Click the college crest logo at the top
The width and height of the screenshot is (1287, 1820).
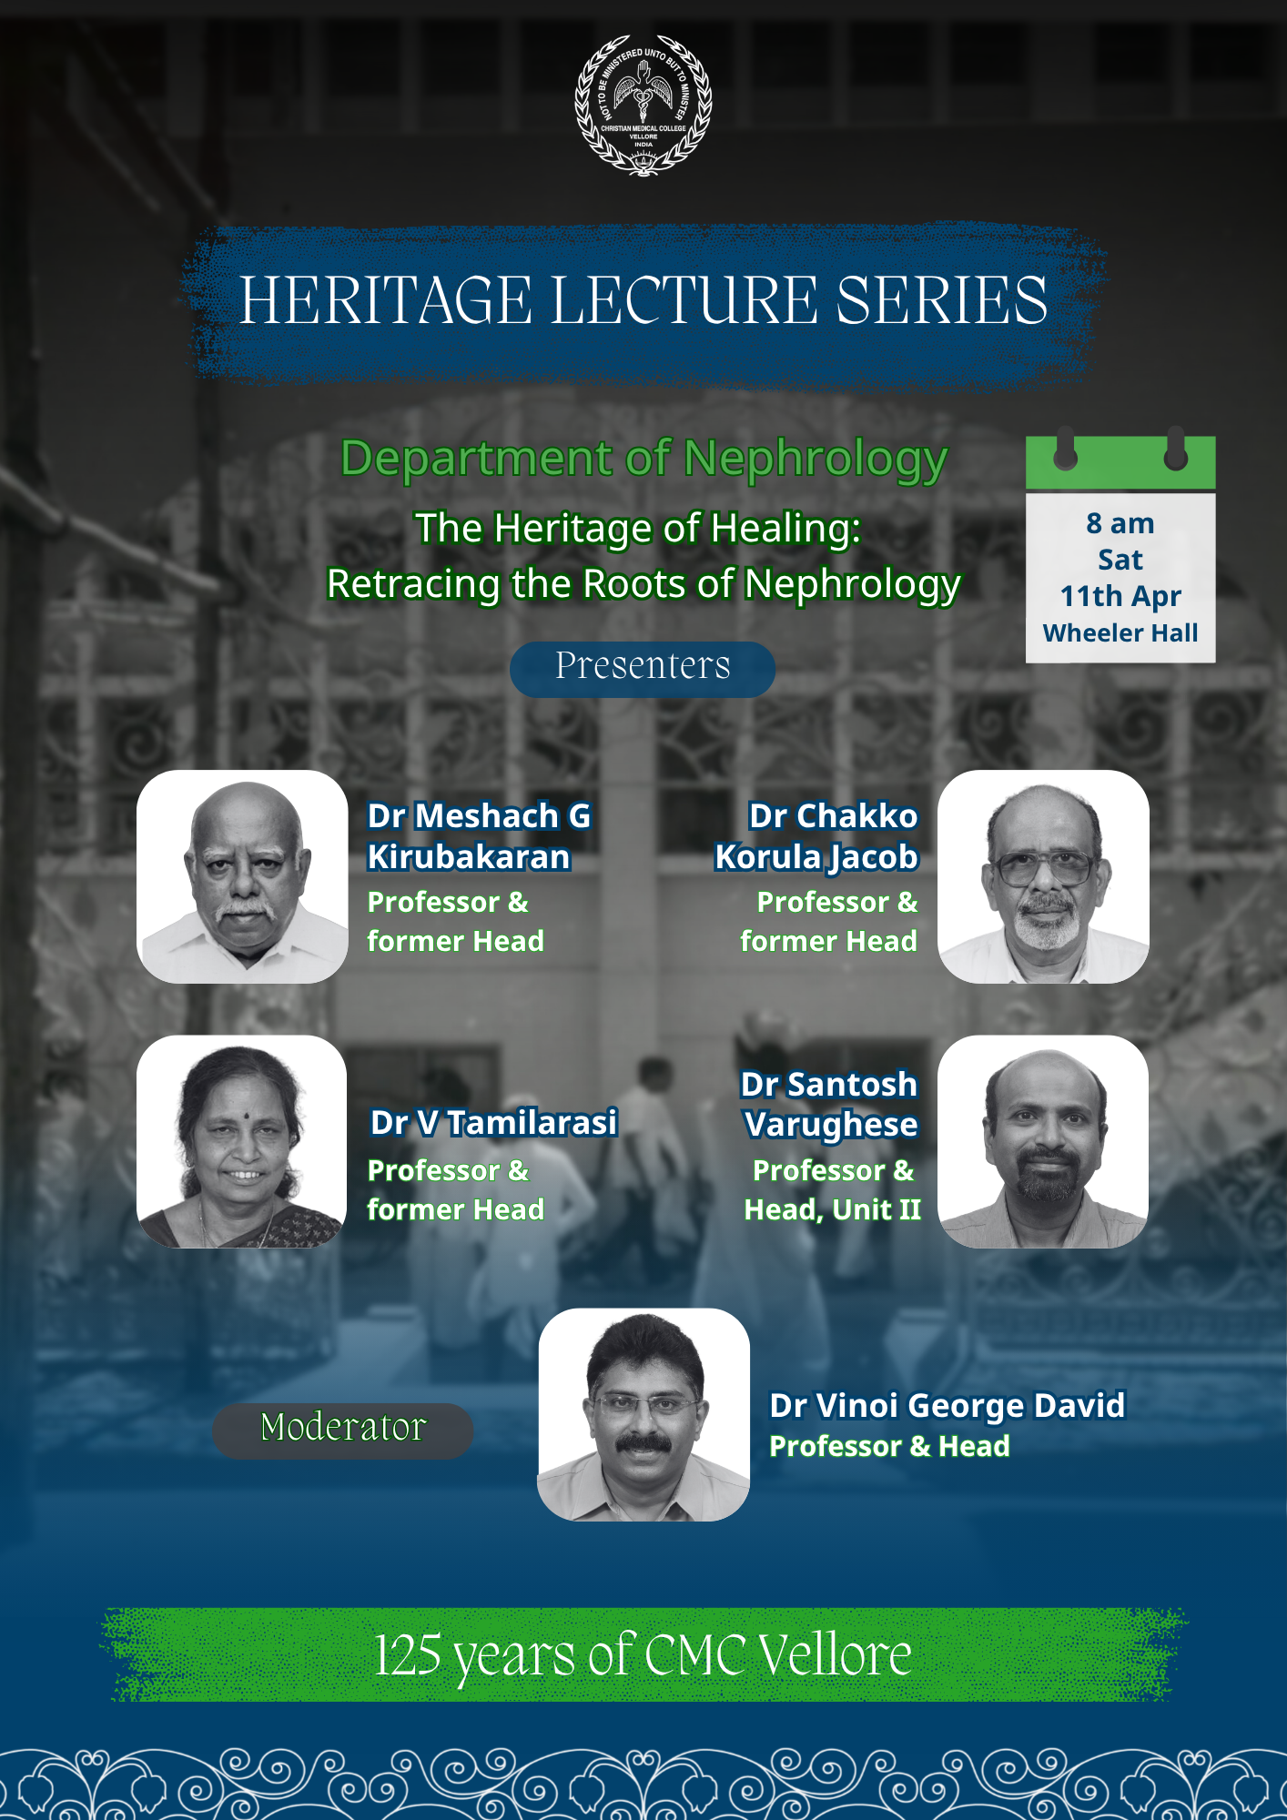[643, 105]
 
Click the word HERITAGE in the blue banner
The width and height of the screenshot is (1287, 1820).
[386, 300]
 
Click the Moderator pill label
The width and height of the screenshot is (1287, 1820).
[343, 1430]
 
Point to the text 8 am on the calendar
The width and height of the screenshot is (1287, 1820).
[1120, 523]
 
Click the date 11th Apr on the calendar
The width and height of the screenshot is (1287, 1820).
[1120, 596]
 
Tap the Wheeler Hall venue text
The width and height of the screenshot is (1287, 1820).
[1120, 632]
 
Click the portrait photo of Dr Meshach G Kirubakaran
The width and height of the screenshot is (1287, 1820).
[242, 876]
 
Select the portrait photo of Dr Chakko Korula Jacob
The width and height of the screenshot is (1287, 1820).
[1043, 876]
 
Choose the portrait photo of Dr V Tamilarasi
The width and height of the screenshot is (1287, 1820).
[241, 1141]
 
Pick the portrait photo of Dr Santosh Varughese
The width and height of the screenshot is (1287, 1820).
[1043, 1141]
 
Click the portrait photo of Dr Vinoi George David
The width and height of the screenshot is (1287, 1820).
[643, 1414]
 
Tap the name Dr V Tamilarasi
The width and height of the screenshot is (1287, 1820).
[494, 1122]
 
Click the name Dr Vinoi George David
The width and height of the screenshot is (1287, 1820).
[948, 1406]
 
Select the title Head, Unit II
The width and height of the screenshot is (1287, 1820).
[832, 1209]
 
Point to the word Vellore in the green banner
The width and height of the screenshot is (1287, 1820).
[835, 1654]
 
